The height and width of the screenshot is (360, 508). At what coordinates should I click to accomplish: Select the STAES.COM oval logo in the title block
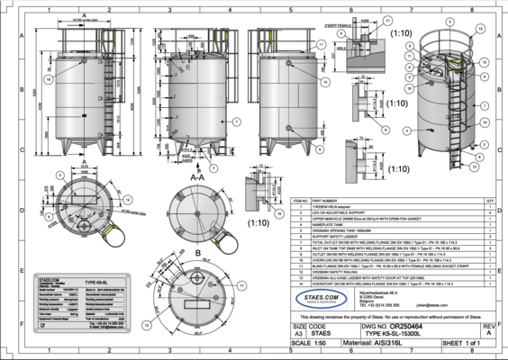click(x=322, y=299)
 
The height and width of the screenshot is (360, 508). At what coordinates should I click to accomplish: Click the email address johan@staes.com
click(x=432, y=306)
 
